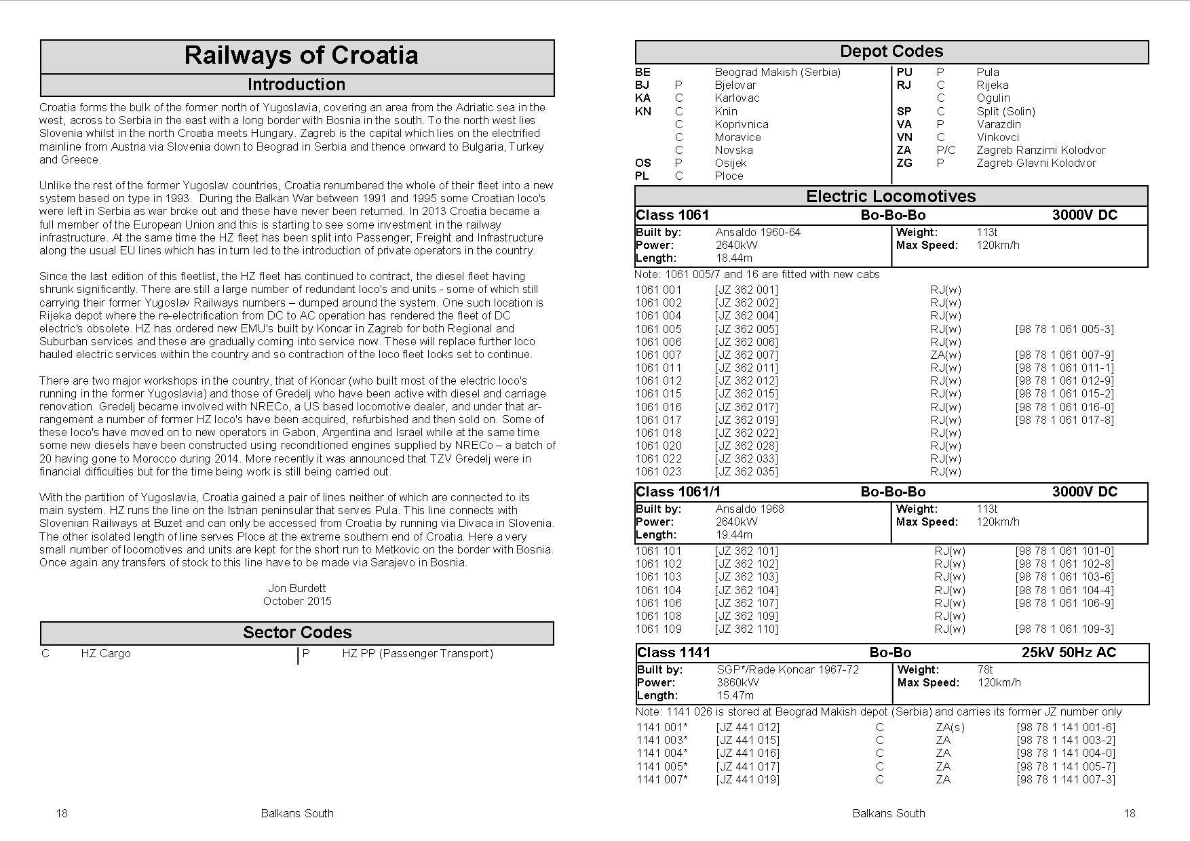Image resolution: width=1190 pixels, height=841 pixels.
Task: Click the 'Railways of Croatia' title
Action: tap(301, 56)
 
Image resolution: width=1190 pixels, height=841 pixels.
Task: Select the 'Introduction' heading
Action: tap(296, 85)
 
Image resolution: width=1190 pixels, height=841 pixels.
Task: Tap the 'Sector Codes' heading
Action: tap(297, 633)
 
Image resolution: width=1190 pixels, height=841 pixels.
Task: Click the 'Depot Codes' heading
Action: tap(891, 52)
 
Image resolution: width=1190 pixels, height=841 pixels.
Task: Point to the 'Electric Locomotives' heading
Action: tap(891, 197)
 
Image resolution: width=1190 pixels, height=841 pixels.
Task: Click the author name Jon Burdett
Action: tap(297, 588)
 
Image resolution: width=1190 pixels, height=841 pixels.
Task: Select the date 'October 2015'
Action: tap(297, 601)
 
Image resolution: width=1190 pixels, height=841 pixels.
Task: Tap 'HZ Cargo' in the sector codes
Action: tap(105, 653)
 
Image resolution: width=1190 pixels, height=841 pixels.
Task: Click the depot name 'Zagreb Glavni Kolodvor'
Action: tap(1036, 163)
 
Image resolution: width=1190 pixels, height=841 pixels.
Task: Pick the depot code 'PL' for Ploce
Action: tap(642, 176)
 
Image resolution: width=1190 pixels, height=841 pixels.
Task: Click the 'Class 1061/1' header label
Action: tap(678, 492)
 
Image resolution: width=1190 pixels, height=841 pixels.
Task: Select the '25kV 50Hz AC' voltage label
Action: tap(1069, 652)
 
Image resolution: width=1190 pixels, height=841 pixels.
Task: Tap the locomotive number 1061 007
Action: tap(658, 355)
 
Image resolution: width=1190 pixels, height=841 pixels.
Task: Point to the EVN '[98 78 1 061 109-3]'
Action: tap(1064, 629)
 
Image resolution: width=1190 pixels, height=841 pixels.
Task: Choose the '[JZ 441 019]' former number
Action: tap(748, 779)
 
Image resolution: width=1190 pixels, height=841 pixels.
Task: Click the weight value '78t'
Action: tap(985, 669)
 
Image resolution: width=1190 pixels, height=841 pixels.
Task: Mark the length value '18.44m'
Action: tap(734, 258)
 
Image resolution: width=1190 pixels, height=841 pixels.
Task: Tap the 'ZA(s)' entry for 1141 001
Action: tap(950, 727)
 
